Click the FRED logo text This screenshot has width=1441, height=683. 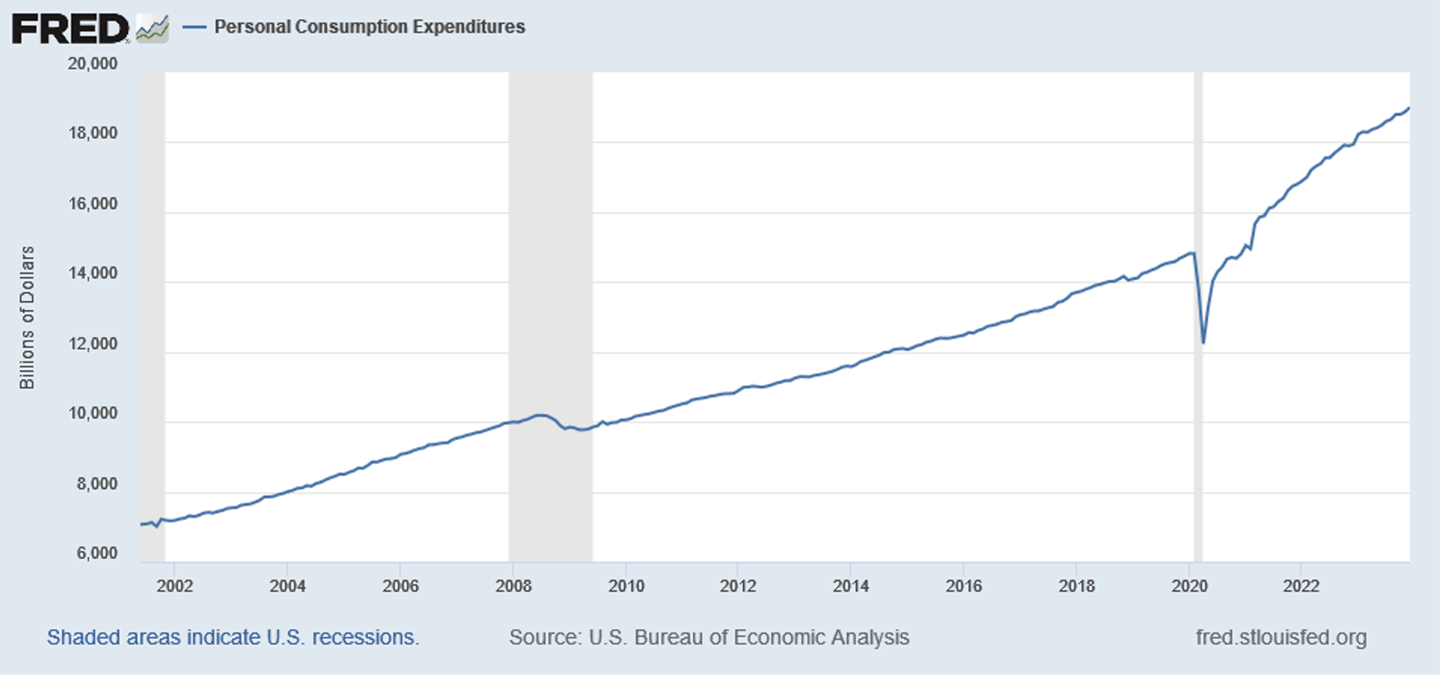[x=69, y=28]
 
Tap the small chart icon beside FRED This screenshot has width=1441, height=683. [x=152, y=28]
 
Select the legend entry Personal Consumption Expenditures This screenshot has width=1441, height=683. [x=369, y=27]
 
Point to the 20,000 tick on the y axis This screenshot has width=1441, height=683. [x=92, y=64]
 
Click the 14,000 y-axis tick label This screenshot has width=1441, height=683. [x=92, y=273]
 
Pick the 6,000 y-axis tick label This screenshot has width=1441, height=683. [x=97, y=553]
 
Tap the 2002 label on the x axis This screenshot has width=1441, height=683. [x=175, y=586]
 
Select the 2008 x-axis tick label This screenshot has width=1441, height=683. [x=513, y=586]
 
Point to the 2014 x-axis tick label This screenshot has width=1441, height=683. [x=850, y=586]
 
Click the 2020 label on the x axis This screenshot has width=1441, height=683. [x=1189, y=586]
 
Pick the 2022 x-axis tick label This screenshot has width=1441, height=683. [x=1301, y=586]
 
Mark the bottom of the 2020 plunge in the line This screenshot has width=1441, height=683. [x=1203, y=342]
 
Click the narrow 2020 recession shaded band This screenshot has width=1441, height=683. [x=1197, y=168]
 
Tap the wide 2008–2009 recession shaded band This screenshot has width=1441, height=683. [x=550, y=224]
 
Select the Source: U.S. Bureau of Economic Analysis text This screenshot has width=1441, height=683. [x=709, y=638]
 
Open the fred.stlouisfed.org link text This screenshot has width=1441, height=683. [x=1281, y=638]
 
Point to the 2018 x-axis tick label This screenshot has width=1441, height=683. [x=1076, y=586]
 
